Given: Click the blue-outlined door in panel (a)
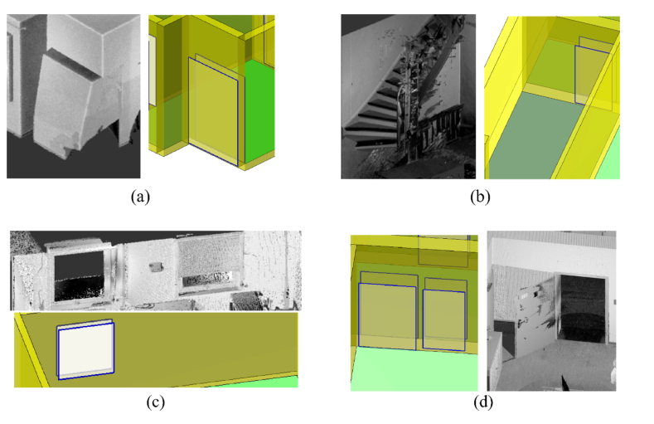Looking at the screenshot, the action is [x=215, y=112].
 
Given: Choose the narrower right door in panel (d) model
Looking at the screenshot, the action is [x=444, y=319].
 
